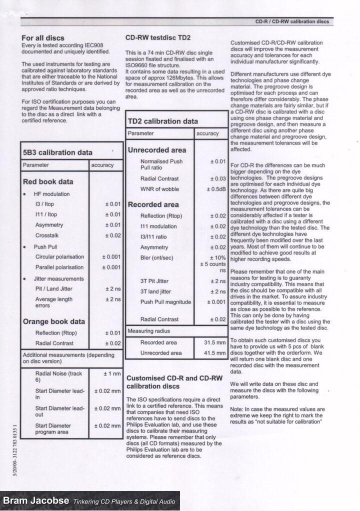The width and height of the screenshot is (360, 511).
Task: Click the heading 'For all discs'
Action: coord(43,38)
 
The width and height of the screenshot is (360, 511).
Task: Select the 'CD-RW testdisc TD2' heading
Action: coord(157,37)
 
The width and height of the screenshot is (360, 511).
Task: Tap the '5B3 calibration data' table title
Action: coord(57,152)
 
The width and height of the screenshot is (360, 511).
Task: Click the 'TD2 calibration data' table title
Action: coord(163,121)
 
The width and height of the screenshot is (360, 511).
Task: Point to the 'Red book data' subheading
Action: coord(48,181)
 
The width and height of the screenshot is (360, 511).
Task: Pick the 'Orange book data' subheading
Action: coord(54,321)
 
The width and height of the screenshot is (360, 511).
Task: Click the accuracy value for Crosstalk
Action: coord(112,235)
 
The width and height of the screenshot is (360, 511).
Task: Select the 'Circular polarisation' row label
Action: coord(59,257)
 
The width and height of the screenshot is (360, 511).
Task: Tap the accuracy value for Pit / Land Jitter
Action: coord(112,289)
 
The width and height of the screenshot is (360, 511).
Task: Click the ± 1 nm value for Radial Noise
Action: coord(112,373)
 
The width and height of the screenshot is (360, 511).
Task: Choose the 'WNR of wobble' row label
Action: coord(159,189)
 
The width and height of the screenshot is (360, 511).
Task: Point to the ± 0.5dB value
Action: coord(216,189)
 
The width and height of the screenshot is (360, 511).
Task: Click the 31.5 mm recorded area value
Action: coord(215,343)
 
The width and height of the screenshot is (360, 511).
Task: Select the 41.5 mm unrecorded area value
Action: coord(215,353)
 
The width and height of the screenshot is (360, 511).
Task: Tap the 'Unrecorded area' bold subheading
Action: coord(157,150)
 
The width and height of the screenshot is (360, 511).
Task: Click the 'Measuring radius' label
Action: coord(149,331)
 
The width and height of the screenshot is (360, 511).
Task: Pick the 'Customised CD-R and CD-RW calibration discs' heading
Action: coord(174,382)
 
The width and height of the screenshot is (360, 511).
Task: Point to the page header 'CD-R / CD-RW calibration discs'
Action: coord(292,22)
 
